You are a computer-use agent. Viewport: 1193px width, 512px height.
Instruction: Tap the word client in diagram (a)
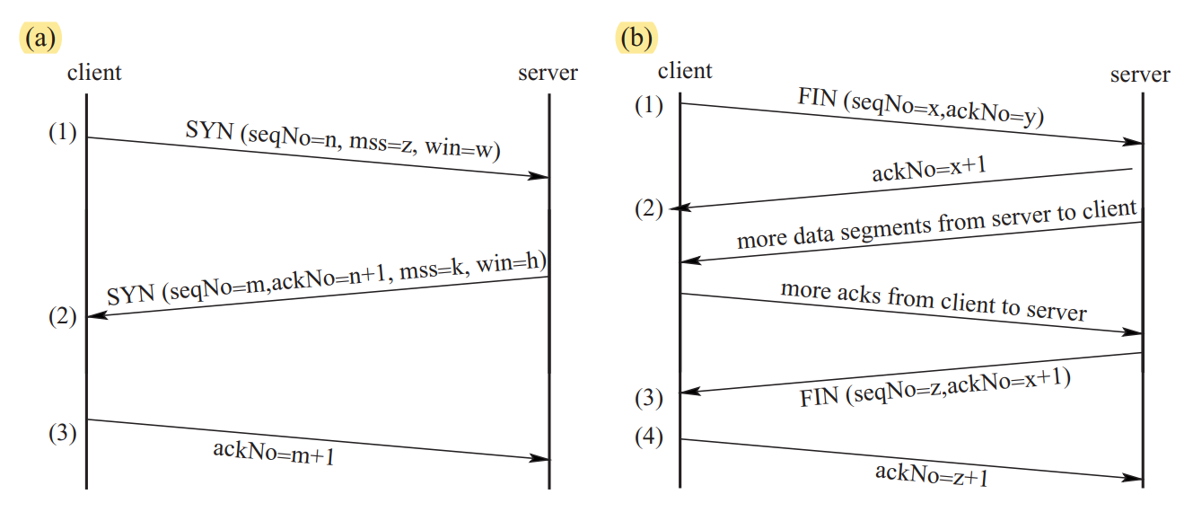(94, 72)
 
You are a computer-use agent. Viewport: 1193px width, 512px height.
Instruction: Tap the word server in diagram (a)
(548, 72)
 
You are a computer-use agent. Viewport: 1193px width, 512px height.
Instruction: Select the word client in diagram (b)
(685, 70)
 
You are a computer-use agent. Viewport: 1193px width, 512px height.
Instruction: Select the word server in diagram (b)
(1140, 74)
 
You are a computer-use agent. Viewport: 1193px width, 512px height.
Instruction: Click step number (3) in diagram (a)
(63, 433)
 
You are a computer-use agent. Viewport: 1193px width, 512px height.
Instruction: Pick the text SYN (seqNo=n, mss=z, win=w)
(342, 143)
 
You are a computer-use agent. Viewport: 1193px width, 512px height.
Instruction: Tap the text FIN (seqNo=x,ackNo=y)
(920, 107)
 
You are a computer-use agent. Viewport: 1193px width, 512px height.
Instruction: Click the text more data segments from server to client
(936, 225)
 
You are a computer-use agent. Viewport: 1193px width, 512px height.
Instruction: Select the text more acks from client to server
(934, 300)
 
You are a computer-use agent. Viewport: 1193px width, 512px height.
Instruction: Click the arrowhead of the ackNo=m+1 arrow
(540, 459)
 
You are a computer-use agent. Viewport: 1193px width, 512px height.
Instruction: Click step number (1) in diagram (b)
(648, 105)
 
